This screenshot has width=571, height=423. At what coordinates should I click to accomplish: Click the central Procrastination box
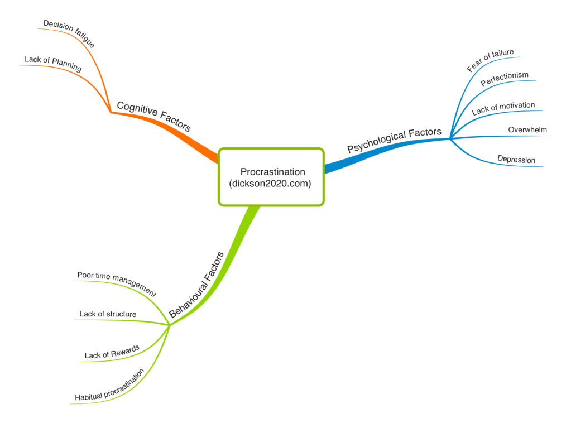271,176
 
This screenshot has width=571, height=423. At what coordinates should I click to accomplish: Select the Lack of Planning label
53,64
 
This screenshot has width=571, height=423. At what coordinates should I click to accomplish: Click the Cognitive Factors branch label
153,116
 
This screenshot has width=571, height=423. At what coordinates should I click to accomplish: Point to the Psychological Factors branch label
394,140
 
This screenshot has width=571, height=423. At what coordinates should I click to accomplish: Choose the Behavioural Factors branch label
196,285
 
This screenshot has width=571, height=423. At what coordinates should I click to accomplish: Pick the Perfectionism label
504,79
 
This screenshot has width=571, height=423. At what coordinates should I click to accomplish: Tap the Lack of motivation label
503,108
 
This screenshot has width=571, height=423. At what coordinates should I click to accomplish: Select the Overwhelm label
527,130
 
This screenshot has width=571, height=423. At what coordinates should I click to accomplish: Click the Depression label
516,160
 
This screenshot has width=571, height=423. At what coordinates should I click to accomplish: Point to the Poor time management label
117,283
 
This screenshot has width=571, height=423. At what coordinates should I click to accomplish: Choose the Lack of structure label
108,314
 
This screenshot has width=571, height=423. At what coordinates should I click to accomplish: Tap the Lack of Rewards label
112,352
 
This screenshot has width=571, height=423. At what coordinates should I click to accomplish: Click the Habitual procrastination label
110,384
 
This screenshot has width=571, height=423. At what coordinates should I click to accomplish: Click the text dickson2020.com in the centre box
271,182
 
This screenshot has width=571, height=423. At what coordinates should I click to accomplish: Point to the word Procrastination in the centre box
271,171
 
